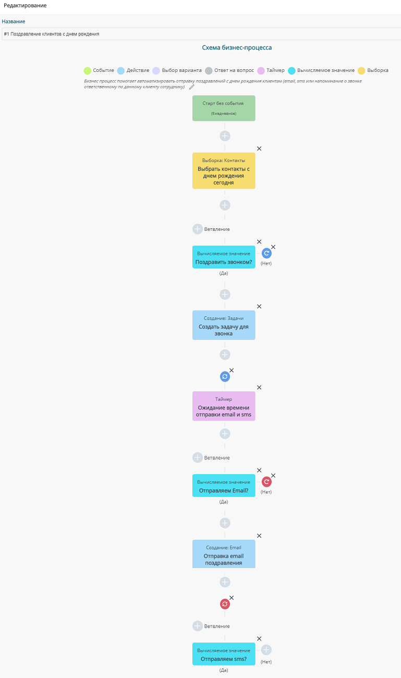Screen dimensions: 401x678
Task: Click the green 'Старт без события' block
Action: click(x=224, y=108)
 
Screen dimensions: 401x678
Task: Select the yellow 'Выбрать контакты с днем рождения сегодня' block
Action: click(x=224, y=171)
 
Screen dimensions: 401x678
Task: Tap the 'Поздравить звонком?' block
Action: click(x=224, y=257)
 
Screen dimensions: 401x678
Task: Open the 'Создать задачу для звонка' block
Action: click(x=224, y=325)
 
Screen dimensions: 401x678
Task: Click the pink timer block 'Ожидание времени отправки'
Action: click(x=224, y=406)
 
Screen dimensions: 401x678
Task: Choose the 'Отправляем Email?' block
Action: click(x=224, y=486)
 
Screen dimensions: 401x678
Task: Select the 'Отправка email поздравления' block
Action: click(x=224, y=554)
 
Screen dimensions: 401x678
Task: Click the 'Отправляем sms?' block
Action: click(x=224, y=654)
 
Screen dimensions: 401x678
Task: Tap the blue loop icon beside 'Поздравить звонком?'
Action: click(x=266, y=253)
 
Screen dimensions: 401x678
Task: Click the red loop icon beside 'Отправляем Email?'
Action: click(x=266, y=482)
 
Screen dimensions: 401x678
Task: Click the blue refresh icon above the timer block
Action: click(x=225, y=377)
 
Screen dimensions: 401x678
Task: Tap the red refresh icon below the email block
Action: click(x=225, y=604)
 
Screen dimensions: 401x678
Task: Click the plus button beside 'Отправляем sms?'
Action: click(x=266, y=649)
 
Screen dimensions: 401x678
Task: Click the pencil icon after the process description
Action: click(x=191, y=87)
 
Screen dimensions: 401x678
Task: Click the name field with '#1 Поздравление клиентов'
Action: click(x=201, y=34)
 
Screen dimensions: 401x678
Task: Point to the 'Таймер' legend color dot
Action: click(x=261, y=70)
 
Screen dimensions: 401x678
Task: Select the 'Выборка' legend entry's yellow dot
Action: click(x=361, y=70)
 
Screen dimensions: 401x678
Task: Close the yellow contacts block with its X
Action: click(x=259, y=149)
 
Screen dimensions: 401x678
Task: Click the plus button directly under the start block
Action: click(x=225, y=136)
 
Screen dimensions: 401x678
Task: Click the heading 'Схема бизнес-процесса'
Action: click(x=237, y=47)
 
